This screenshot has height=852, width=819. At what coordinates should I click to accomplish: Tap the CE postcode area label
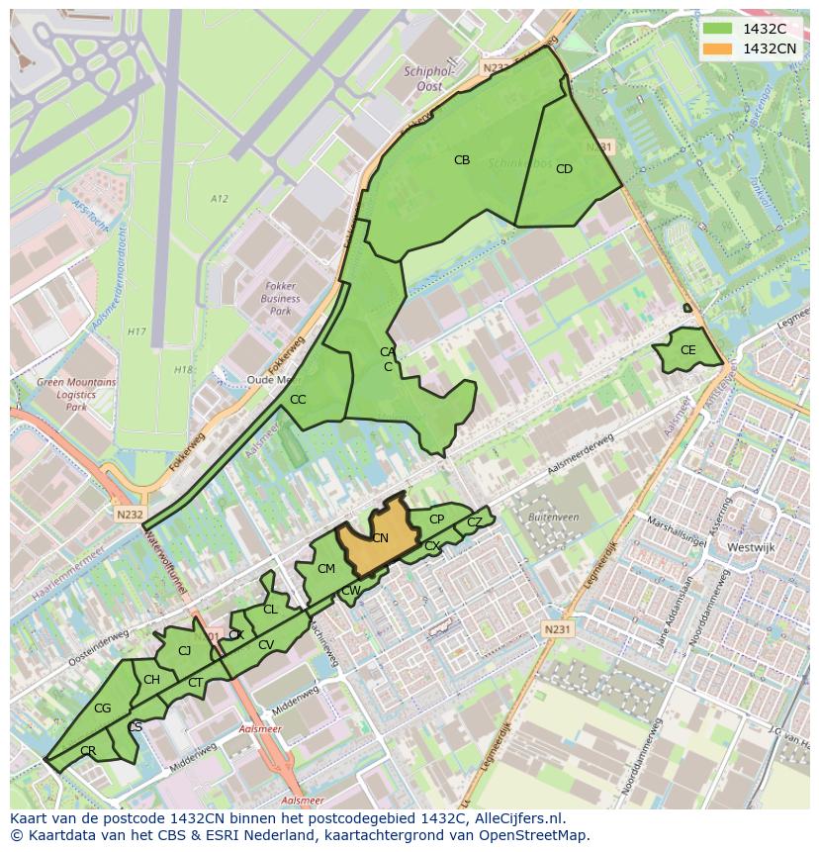pos(687,350)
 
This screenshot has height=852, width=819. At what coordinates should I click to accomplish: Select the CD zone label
pos(564,169)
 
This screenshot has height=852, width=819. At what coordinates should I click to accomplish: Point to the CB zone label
pos(462,160)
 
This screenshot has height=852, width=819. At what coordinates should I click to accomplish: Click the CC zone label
pos(298,400)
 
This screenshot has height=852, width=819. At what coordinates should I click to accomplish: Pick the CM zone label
pos(326,568)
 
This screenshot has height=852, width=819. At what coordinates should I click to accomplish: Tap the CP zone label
pos(436,520)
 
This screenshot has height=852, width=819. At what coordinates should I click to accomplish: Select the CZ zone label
pos(475,521)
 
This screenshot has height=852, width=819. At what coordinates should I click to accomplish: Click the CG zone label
pos(103,708)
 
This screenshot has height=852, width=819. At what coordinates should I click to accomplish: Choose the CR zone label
pos(88,751)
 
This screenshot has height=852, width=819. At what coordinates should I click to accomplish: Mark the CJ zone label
pos(184,650)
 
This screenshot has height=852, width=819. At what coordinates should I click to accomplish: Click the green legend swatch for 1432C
pos(717,29)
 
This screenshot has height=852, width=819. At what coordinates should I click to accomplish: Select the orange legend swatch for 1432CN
pos(717,48)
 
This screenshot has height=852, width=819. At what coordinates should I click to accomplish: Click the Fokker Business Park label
pos(280,298)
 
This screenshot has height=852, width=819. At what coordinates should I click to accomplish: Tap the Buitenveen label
pos(553,517)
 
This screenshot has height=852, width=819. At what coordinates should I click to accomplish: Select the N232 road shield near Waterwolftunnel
pos(130,515)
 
